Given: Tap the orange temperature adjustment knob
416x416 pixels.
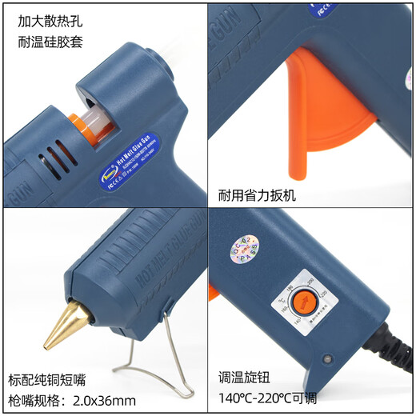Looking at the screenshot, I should tap(303, 302).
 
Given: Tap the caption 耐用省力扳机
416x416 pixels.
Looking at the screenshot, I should tap(257, 194).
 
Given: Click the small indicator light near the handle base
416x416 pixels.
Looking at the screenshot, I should tap(326, 358).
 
